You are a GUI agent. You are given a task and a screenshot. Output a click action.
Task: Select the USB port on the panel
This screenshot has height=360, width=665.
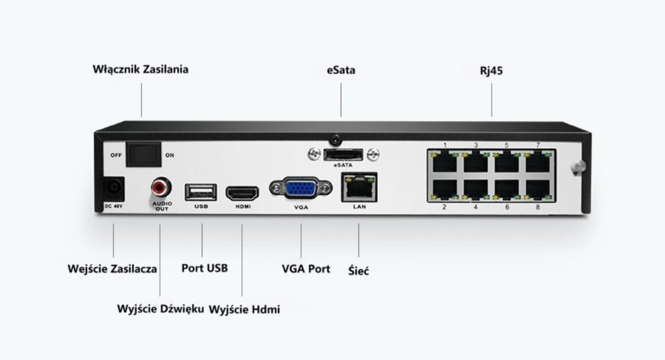click(x=201, y=192)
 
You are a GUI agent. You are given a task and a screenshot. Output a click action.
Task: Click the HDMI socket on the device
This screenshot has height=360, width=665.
click(x=242, y=194)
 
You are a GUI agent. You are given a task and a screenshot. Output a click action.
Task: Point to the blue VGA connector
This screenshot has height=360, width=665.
click(x=301, y=190)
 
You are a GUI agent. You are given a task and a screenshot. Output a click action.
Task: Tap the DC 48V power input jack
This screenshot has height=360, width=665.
click(x=114, y=188)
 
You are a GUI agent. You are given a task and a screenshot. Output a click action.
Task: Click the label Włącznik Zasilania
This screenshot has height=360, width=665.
click(x=140, y=69)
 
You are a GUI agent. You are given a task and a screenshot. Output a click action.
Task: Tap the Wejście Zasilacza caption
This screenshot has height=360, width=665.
click(x=112, y=270)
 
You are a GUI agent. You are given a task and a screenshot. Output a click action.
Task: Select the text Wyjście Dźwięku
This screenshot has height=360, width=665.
click(x=160, y=309)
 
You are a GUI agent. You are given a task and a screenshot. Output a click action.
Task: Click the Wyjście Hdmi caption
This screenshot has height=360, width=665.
click(x=244, y=309)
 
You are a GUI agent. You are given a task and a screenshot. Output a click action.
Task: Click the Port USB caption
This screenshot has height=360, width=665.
click(x=205, y=269)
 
